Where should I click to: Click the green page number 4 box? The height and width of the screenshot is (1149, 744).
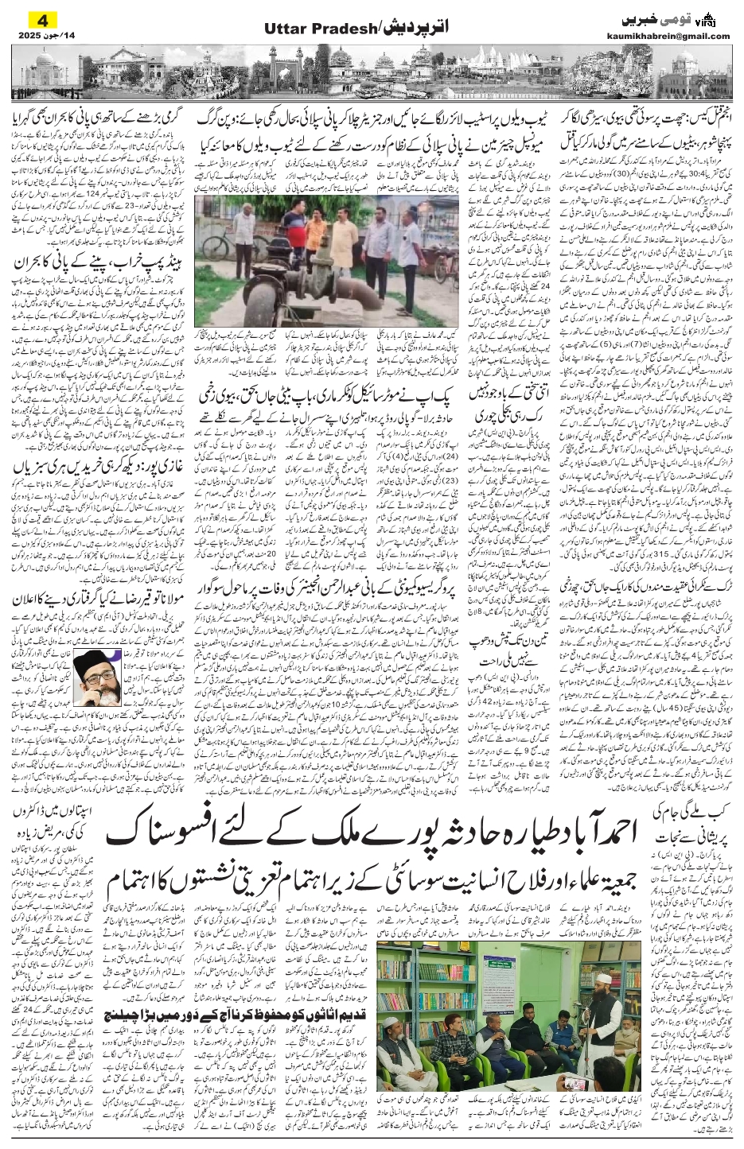click(37, 18)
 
